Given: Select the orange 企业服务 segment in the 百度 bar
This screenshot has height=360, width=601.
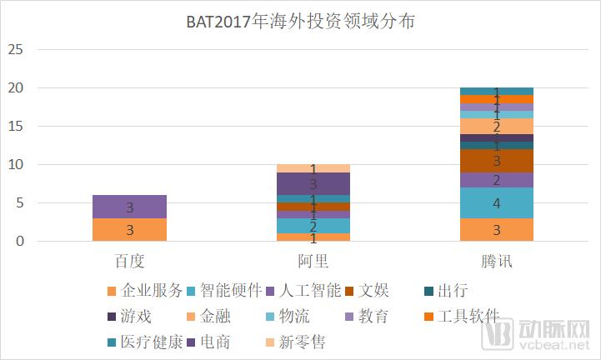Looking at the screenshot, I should coord(130,230).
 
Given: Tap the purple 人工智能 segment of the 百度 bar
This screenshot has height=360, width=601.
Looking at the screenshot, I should coord(130,207).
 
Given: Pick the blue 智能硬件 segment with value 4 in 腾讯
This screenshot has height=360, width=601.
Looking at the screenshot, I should coord(497,202).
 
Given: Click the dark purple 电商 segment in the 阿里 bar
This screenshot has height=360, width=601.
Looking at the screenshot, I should coord(313,183).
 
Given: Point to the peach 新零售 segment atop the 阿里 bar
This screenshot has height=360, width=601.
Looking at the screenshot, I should coord(313,168).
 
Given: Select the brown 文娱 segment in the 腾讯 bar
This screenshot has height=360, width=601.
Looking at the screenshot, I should coord(497,161).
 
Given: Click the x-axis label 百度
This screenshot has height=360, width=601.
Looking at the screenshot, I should coord(130,261).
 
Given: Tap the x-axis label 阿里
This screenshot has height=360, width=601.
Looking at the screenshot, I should coord(313,261).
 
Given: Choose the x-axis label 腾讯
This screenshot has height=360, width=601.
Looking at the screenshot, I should coord(497,261).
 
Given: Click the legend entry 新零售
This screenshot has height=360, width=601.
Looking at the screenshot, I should coord(303,342).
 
